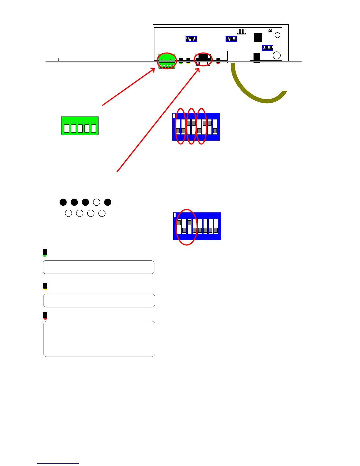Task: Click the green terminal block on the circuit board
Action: [167, 61]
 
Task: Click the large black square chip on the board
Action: [258, 38]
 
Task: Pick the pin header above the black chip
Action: [241, 31]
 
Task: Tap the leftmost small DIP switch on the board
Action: [191, 39]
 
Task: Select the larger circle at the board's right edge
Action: [277, 55]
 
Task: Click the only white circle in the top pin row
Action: [96, 202]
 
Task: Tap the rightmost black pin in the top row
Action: [108, 202]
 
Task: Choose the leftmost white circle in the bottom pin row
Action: [69, 213]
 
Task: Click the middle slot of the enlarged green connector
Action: [80, 129]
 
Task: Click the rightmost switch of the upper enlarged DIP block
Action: [215, 127]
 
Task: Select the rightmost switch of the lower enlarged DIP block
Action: [216, 227]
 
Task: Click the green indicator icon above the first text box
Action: [45, 253]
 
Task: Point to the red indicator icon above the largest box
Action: [45, 316]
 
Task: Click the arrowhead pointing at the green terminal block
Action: [153, 70]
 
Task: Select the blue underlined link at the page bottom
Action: [58, 463]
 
